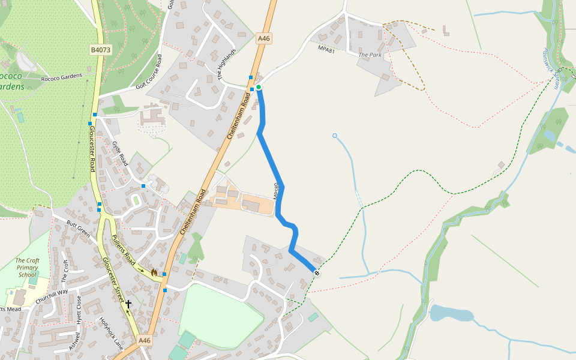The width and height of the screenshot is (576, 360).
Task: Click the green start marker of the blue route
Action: click(x=259, y=88)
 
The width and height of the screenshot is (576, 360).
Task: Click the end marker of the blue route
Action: click(x=317, y=274)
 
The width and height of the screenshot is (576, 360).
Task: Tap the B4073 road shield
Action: click(x=101, y=50)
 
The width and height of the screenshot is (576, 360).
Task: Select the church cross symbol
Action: click(x=128, y=304)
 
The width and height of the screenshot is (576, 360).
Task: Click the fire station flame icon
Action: click(x=154, y=272)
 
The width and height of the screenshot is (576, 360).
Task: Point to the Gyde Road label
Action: click(x=121, y=154)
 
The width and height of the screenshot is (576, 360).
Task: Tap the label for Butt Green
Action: click(x=77, y=229)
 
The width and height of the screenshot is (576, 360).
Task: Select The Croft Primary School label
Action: click(x=28, y=268)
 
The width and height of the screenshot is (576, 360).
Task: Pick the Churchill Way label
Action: click(x=54, y=296)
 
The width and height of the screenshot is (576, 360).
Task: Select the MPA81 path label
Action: click(x=326, y=50)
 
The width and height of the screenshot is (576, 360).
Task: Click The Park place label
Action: click(x=370, y=55)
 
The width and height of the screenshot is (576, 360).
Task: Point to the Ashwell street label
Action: click(x=74, y=341)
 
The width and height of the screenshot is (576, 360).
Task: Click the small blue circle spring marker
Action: click(x=335, y=136)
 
